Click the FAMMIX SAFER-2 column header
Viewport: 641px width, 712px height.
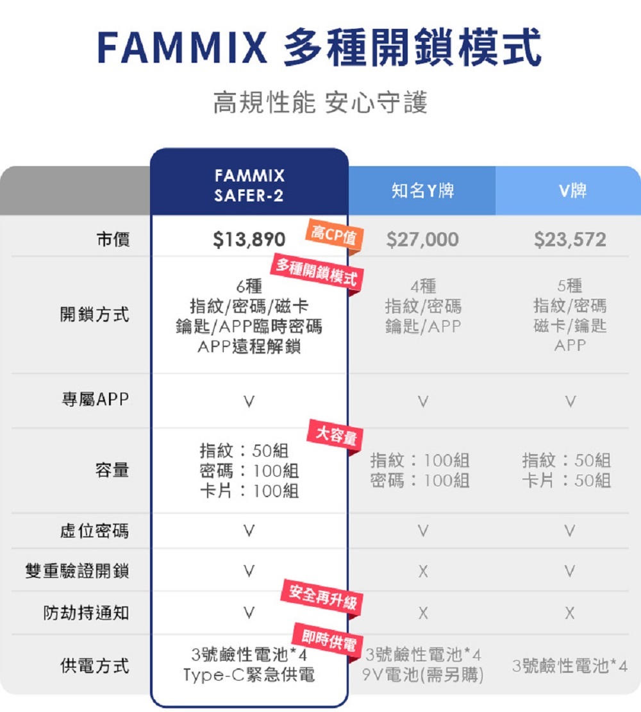tap(249, 185)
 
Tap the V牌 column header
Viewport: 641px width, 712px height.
tap(570, 191)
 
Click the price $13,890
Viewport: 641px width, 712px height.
tap(249, 240)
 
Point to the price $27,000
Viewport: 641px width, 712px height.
tap(422, 240)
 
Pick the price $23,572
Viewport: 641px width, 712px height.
tap(570, 240)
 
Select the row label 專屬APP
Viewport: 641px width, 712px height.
tap(95, 400)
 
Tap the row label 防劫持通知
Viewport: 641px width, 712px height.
tap(86, 613)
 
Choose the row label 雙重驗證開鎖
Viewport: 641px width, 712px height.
tap(77, 570)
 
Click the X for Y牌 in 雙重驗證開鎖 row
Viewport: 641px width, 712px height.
tap(422, 571)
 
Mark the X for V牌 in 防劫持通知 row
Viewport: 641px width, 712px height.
tap(570, 614)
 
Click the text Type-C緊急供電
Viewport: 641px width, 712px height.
tap(249, 675)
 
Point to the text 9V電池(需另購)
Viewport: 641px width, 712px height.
tap(422, 675)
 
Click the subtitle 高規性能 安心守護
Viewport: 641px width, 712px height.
tap(320, 103)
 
